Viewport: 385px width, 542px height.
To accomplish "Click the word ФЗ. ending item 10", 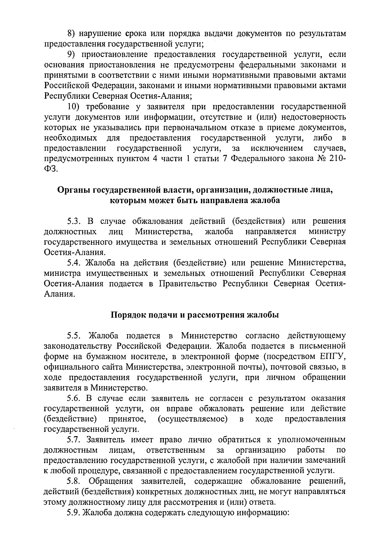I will [51, 169].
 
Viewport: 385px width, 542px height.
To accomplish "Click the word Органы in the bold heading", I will [73, 190].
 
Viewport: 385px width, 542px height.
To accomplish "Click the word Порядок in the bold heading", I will [126, 315].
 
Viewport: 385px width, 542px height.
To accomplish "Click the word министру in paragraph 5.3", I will [327, 232].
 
